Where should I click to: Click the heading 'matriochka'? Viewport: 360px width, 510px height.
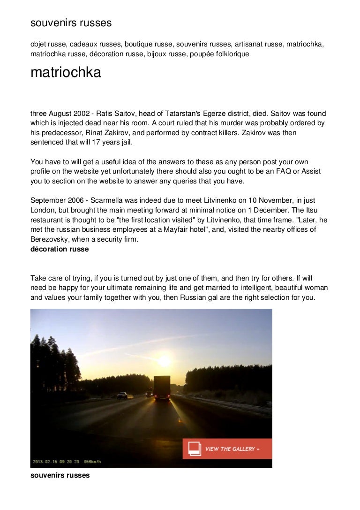pyautogui.click(x=66, y=73)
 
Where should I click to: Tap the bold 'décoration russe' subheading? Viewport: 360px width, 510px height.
pyautogui.click(x=60, y=250)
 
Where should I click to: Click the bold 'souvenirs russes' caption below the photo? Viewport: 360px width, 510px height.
pyautogui.click(x=60, y=475)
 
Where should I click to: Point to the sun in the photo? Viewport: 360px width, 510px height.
pyautogui.click(x=164, y=360)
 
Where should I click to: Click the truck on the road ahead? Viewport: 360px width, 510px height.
pyautogui.click(x=162, y=388)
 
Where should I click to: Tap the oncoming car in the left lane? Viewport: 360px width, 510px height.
pyautogui.click(x=122, y=396)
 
